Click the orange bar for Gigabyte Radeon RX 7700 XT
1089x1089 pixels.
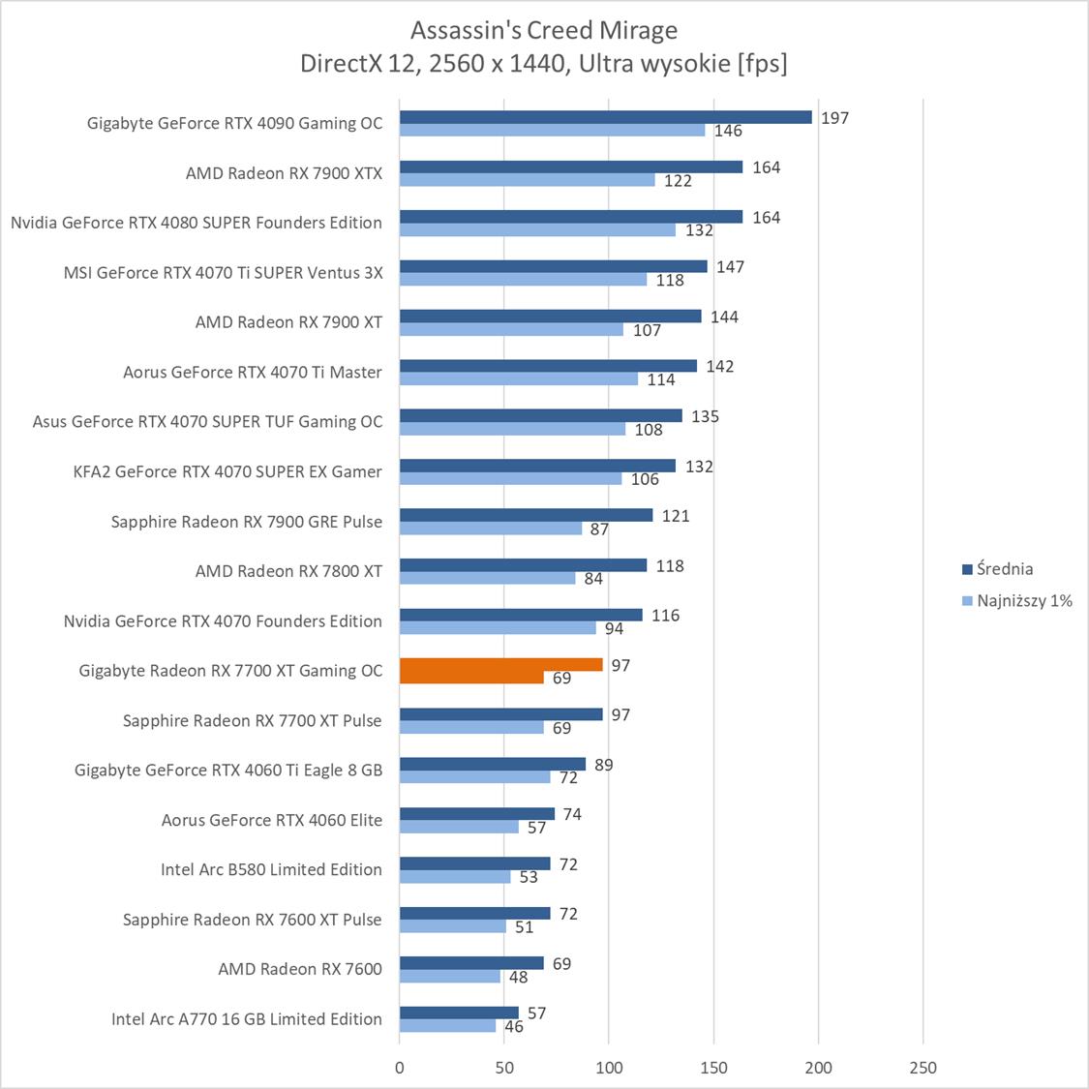[x=500, y=665]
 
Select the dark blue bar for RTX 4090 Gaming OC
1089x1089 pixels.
[x=605, y=117]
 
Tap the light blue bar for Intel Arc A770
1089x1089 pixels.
[x=447, y=1026]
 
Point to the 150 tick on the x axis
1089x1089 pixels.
[x=713, y=1068]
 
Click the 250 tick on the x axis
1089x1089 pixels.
[x=923, y=1068]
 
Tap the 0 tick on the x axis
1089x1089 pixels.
[x=400, y=1068]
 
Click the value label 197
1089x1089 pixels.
[x=834, y=118]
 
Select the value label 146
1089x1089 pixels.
[x=728, y=131]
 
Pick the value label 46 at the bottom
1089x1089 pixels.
[x=513, y=1027]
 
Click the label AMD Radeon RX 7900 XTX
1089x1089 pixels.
[x=284, y=173]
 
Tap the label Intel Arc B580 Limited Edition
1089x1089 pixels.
[x=271, y=869]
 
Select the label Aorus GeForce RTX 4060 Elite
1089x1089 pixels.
[x=272, y=820]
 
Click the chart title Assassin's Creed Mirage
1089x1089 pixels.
[x=543, y=30]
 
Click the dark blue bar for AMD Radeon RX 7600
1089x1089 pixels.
[x=471, y=963]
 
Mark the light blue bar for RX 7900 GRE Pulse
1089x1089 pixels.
[x=491, y=529]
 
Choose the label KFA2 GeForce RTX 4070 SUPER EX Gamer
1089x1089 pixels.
[x=227, y=471]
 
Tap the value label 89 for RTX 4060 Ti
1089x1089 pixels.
[x=603, y=765]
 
